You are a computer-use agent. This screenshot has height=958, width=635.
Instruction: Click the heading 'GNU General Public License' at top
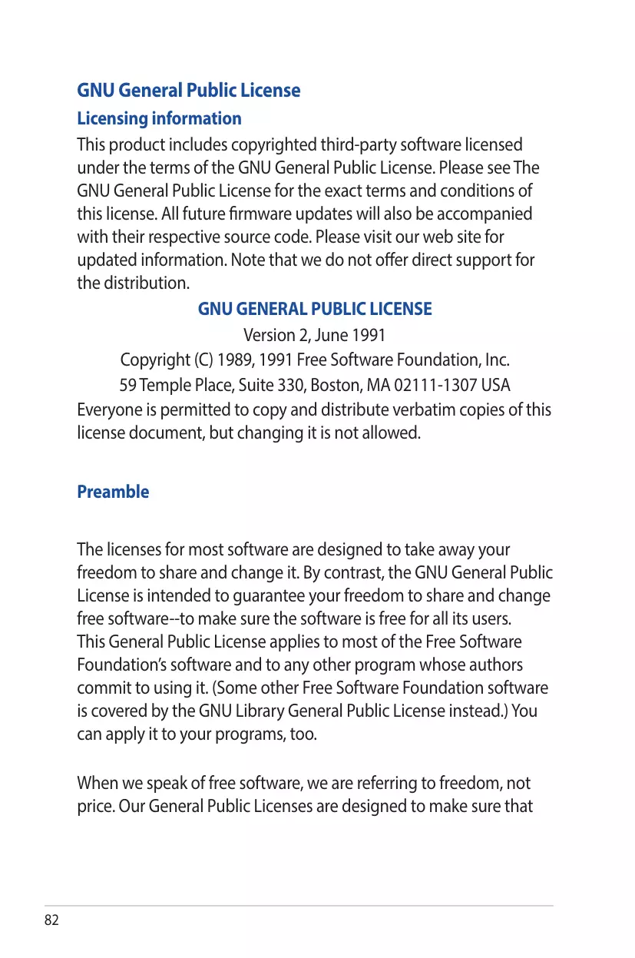[x=188, y=91]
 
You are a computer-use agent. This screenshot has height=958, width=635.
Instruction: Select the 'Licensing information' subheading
[x=159, y=118]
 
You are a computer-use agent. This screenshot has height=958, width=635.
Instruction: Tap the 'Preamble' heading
[x=113, y=492]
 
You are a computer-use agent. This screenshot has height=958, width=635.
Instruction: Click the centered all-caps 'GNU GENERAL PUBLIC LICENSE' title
[x=315, y=309]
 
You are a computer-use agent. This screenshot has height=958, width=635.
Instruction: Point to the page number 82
[x=51, y=920]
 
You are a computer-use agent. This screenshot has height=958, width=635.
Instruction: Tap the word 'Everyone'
[x=107, y=409]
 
